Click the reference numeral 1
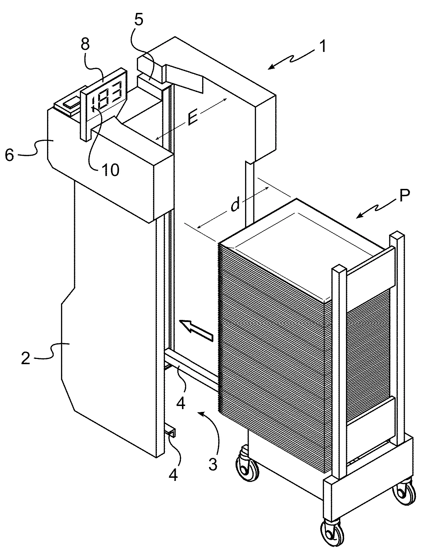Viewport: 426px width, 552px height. coord(322,46)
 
